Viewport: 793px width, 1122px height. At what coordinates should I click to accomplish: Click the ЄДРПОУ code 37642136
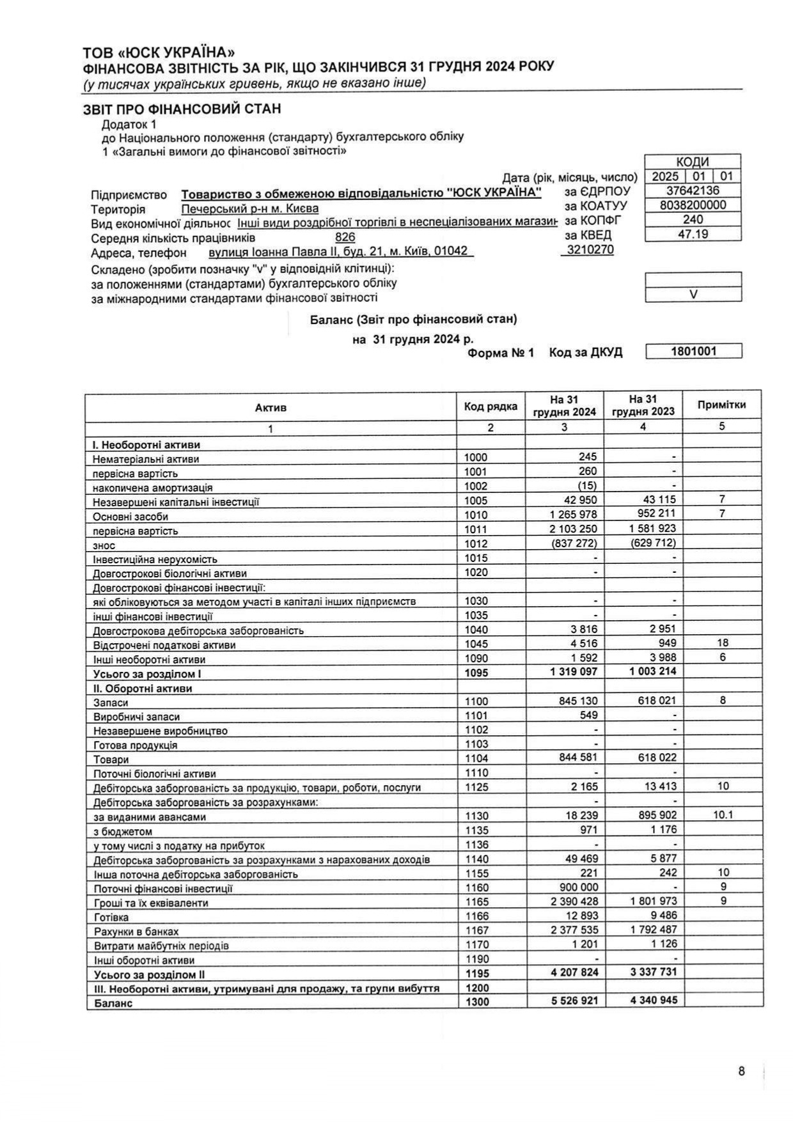click(693, 191)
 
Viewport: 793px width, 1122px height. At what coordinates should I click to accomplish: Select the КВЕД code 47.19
click(693, 234)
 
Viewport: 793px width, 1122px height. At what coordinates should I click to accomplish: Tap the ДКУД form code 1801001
click(693, 351)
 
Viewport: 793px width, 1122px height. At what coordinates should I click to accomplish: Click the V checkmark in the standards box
click(693, 295)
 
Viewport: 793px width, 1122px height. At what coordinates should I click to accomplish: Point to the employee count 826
click(345, 237)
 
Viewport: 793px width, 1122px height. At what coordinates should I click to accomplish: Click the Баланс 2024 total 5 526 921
click(574, 1000)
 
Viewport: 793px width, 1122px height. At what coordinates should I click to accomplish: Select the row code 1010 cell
click(476, 515)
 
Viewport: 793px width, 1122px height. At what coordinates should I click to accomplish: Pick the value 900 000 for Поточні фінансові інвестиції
click(576, 887)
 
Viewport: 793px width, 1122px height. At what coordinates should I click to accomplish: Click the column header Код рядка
click(491, 407)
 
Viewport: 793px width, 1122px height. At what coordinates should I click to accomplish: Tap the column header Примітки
click(721, 405)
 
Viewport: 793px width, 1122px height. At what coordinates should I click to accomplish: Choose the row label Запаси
click(111, 703)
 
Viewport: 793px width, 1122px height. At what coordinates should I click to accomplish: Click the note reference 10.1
click(723, 815)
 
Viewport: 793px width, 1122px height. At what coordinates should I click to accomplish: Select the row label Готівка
click(111, 917)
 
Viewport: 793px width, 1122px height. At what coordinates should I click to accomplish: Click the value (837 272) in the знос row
click(574, 543)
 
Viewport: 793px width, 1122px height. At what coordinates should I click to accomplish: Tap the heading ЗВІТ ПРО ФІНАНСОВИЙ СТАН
click(182, 109)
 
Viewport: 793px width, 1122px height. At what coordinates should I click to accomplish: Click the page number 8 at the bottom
click(741, 1071)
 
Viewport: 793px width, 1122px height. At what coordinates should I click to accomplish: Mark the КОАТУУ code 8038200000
click(693, 205)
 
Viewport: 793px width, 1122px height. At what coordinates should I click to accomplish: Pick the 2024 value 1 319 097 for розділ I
click(574, 671)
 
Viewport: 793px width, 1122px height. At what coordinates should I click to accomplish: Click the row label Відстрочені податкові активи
click(164, 645)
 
